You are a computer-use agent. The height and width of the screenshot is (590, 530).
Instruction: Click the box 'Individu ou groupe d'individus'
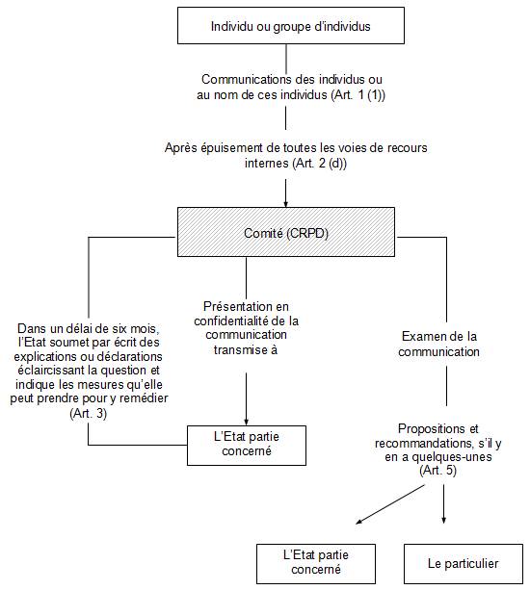tap(291, 26)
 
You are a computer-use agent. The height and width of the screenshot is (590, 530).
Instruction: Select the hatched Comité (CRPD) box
tap(286, 232)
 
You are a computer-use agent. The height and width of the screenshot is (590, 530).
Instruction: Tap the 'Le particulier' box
tap(464, 564)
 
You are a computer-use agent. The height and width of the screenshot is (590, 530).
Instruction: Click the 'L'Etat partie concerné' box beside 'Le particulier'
tap(316, 564)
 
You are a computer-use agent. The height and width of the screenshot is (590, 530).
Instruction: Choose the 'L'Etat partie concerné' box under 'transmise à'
tap(247, 446)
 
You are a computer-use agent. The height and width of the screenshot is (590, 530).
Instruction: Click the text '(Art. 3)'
tap(89, 413)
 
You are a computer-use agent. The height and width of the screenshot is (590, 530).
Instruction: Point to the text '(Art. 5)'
tap(438, 471)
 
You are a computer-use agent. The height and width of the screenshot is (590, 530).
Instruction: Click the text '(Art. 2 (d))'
tap(319, 164)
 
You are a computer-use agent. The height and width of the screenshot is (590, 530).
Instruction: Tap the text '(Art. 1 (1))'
tap(358, 95)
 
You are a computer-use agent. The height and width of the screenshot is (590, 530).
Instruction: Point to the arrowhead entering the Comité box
tap(286, 204)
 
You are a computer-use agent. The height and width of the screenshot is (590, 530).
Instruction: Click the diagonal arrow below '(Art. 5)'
tap(390, 504)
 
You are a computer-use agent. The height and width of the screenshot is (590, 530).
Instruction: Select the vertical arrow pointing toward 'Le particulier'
tap(443, 504)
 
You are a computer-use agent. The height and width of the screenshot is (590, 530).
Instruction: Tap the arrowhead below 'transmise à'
tap(247, 423)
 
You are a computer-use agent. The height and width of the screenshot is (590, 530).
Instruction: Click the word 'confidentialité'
tap(231, 321)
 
